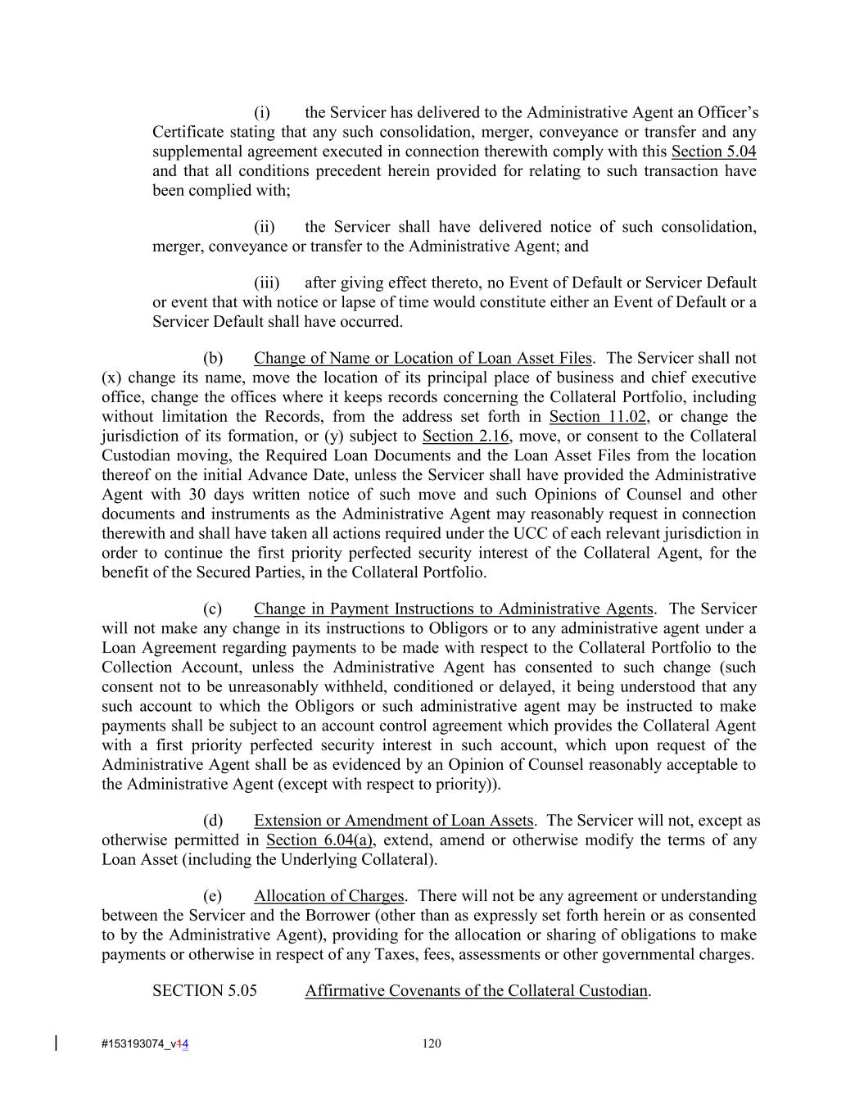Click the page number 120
tap(432, 1043)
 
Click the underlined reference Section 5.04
tap(713, 152)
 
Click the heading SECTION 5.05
tap(205, 991)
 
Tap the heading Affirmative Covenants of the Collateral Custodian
tap(476, 991)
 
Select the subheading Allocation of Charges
tap(328, 896)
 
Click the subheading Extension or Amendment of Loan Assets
tap(394, 821)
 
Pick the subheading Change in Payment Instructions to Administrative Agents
tap(454, 609)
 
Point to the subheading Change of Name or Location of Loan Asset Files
tap(423, 359)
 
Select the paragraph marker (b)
tap(213, 359)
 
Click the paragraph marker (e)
tap(213, 896)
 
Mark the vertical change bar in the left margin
tap(56, 1043)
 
